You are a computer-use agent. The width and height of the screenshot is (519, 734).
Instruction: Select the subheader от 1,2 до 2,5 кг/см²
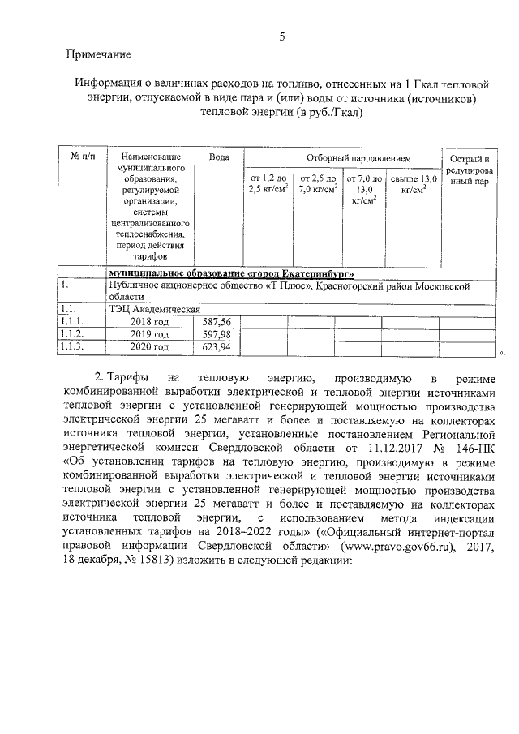tap(268, 185)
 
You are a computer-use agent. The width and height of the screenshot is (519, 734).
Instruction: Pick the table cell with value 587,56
tap(217, 321)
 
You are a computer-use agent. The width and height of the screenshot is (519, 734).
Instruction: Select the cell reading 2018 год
tap(150, 321)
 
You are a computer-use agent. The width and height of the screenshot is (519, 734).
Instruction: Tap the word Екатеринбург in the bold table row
tap(312, 273)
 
